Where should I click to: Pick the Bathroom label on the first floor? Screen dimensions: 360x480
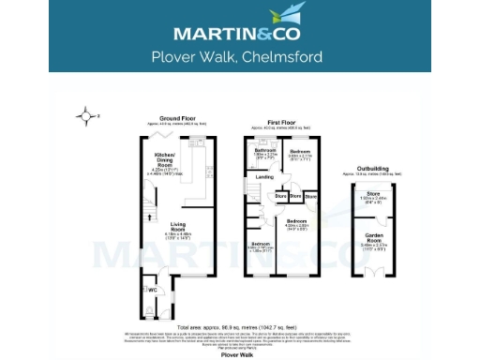(264, 150)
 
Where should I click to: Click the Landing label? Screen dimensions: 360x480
(265, 176)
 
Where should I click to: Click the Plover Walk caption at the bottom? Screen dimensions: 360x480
(240, 355)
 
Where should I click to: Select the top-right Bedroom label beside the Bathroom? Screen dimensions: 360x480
(300, 150)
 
